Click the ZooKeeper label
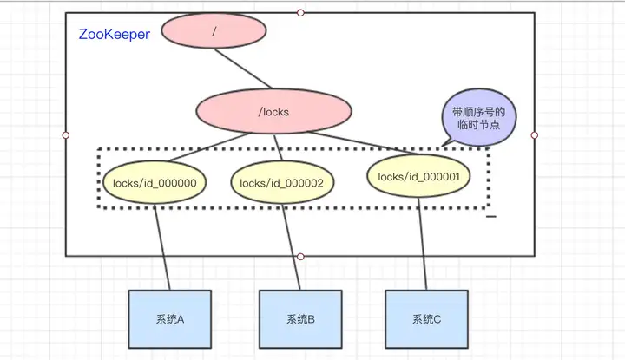pos(115,34)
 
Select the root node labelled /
pos(214,30)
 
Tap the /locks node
pos(273,111)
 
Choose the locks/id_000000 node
pos(155,182)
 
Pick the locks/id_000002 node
pos(282,183)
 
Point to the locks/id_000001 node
pos(418,176)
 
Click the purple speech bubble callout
pos(478,117)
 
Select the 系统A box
pos(170,319)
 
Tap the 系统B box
pos(300,319)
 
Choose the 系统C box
pos(426,319)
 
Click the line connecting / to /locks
pos(243,69)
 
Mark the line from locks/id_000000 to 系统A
pos(162,247)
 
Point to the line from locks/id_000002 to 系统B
pos(292,247)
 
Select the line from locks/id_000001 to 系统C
pos(423,244)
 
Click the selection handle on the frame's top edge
pos(300,13)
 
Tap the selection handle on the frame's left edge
pos(66,135)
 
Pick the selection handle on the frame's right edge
pos(535,135)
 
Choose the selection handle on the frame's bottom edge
pos(300,257)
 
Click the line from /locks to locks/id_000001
pos(363,143)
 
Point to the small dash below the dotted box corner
pos(491,216)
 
